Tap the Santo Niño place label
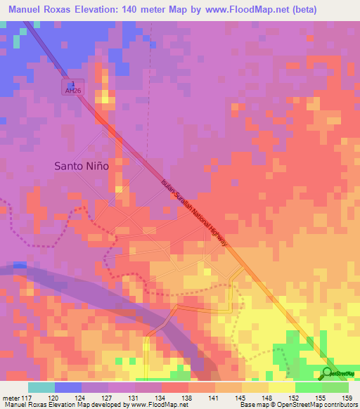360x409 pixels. [82, 167]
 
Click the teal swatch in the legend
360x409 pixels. [41, 387]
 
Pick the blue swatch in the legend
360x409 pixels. [68, 387]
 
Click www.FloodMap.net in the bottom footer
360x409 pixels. [150, 405]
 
